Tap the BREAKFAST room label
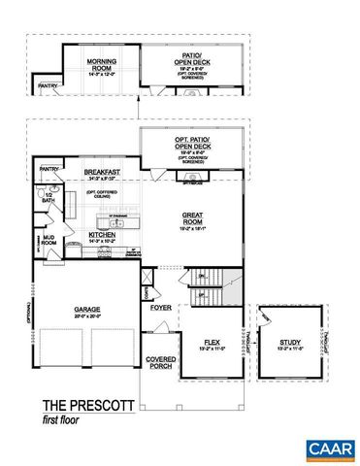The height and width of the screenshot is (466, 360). click(x=103, y=171)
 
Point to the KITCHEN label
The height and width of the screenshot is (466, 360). click(x=104, y=234)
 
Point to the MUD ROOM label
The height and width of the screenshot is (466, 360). click(x=49, y=240)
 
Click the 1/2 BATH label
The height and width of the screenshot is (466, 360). click(x=48, y=198)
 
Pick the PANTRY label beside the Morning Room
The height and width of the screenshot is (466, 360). click(x=47, y=85)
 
